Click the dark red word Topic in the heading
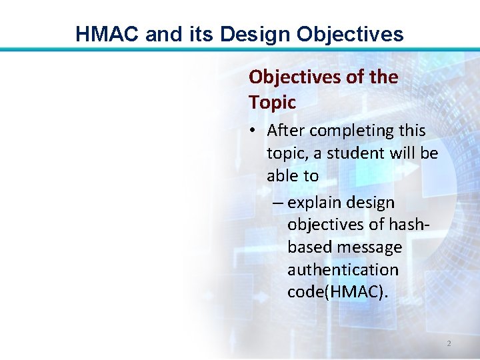(272, 103)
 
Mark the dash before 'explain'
(278, 203)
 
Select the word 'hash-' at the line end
(407, 225)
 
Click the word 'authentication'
(343, 270)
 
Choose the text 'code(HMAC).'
(337, 293)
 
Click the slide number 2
(449, 343)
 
